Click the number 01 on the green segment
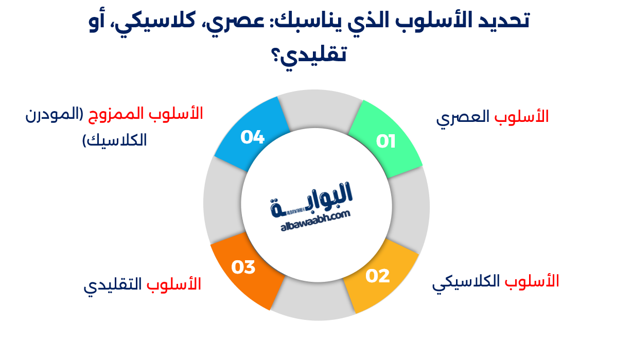click(385, 141)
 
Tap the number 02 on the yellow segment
click(378, 276)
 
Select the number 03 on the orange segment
click(243, 267)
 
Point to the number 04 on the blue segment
click(252, 137)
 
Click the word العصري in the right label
click(463, 118)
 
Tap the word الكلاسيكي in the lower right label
click(466, 283)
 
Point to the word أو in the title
click(102, 22)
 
